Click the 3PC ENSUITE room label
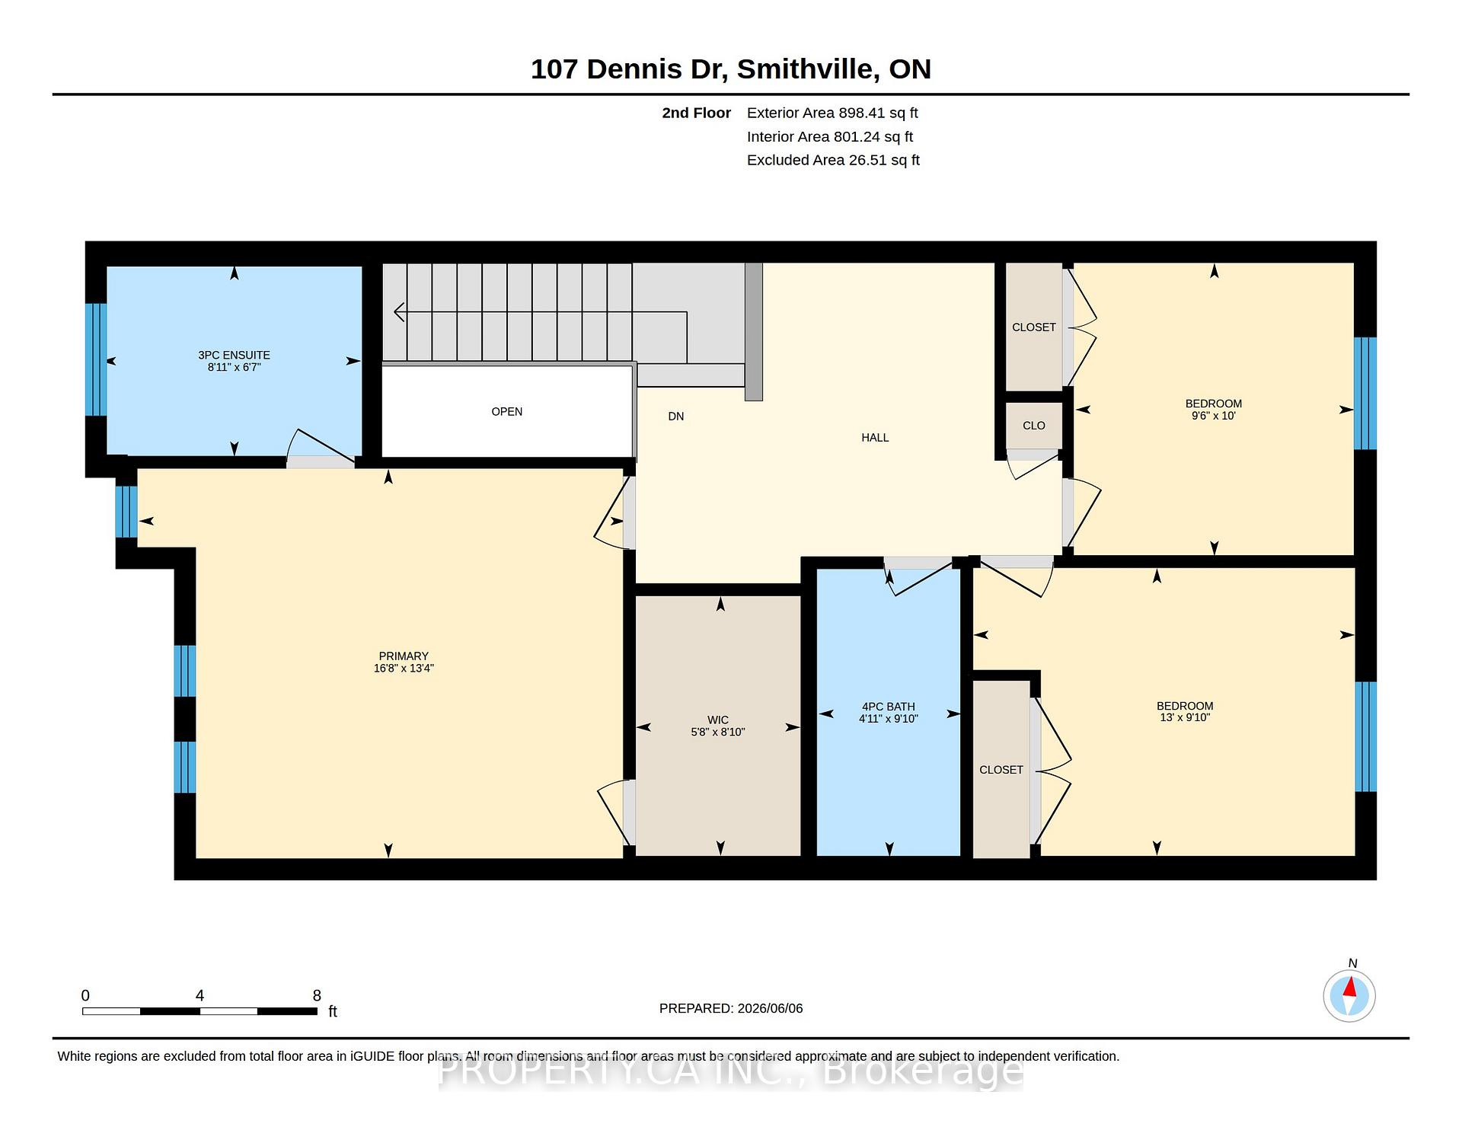point(234,355)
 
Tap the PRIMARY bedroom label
point(404,656)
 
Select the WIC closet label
point(718,720)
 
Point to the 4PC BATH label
point(889,707)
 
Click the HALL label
point(875,438)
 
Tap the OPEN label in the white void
point(507,412)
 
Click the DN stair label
point(676,417)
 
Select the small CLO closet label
point(1034,426)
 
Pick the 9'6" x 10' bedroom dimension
point(1214,416)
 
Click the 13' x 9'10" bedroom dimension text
point(1185,717)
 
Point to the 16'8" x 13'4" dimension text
point(404,669)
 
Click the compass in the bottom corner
point(1349,995)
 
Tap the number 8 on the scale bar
point(317,995)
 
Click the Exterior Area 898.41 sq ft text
point(832,113)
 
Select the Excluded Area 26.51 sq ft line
point(833,161)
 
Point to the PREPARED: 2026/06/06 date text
point(731,1009)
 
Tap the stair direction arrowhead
point(399,312)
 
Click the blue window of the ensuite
point(96,359)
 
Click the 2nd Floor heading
point(696,113)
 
